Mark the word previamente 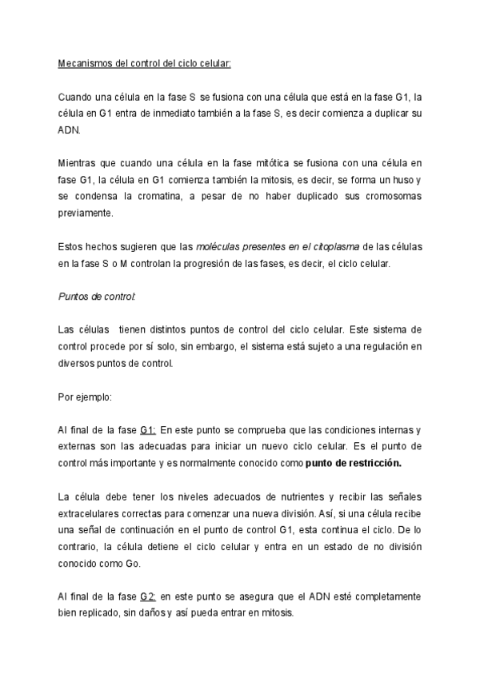click(x=86, y=213)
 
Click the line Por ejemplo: click(x=86, y=396)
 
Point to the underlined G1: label click(x=148, y=429)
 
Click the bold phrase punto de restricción click(x=353, y=463)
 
